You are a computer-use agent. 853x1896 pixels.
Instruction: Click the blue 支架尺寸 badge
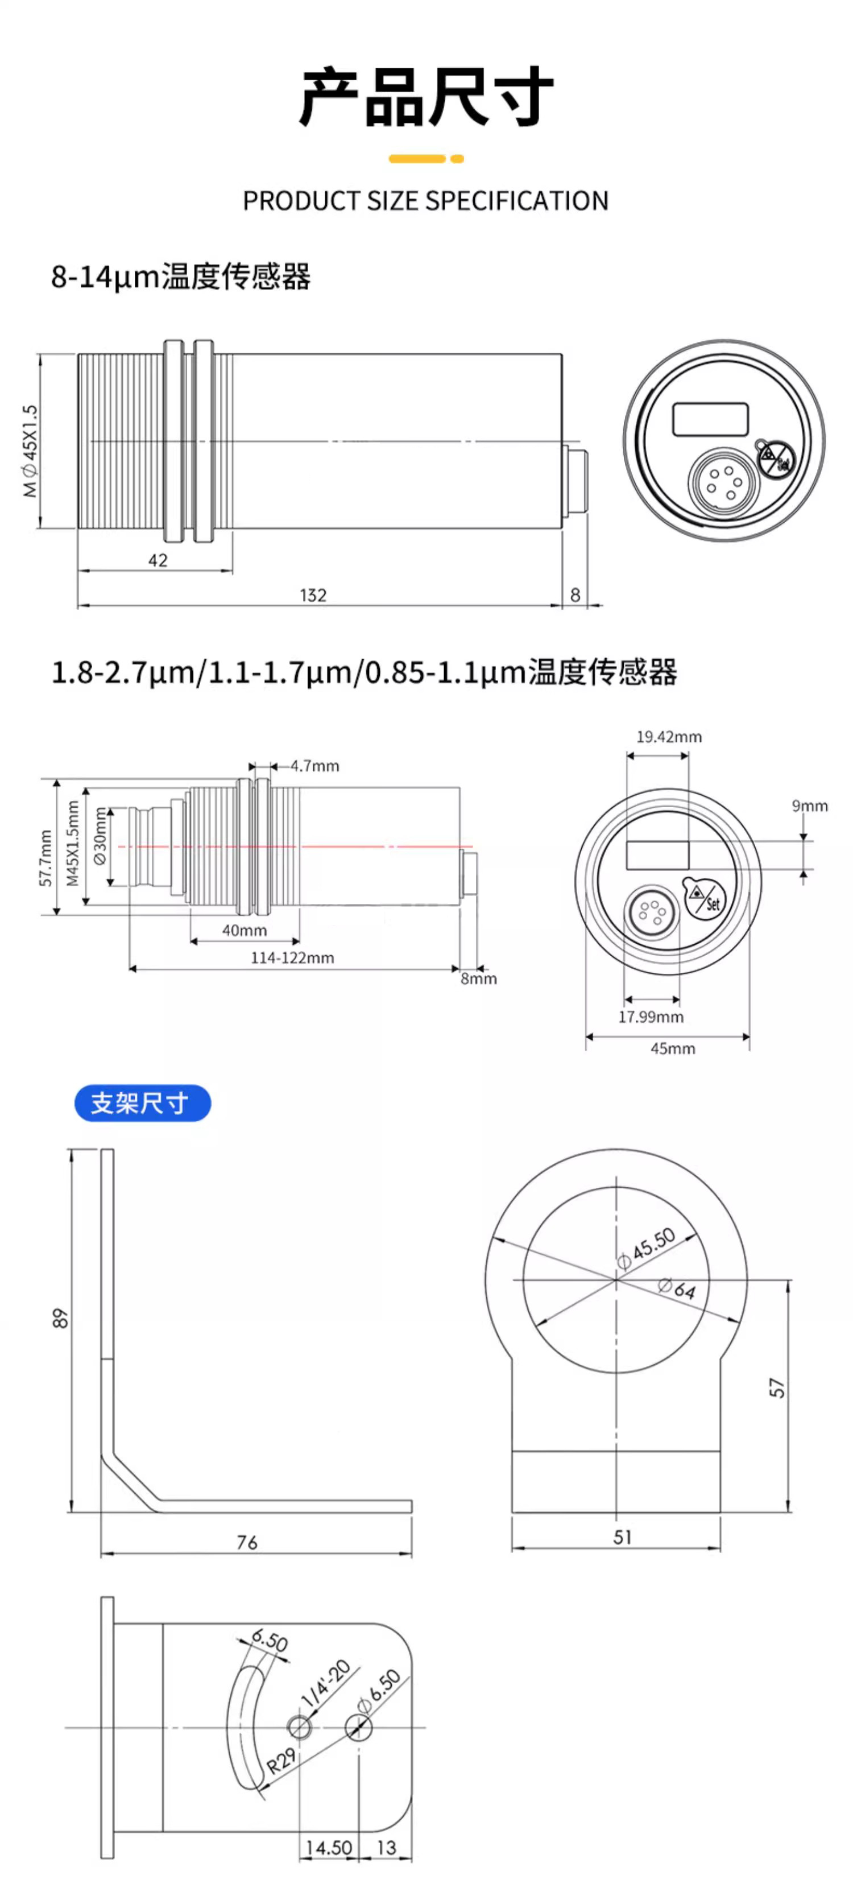[x=143, y=1102]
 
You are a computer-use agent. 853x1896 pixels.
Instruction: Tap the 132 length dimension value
[x=313, y=594]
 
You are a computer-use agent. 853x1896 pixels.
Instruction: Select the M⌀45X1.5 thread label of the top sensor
[x=30, y=451]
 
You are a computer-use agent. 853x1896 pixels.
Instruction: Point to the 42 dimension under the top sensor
[x=158, y=560]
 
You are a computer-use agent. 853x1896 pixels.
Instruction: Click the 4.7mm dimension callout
[x=315, y=766]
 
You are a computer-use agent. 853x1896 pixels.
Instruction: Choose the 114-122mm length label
[x=292, y=957]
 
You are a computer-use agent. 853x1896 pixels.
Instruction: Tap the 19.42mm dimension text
[x=668, y=736]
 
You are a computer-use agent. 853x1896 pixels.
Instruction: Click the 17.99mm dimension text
[x=651, y=1017]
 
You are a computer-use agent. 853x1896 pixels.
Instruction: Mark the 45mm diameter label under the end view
[x=672, y=1048]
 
